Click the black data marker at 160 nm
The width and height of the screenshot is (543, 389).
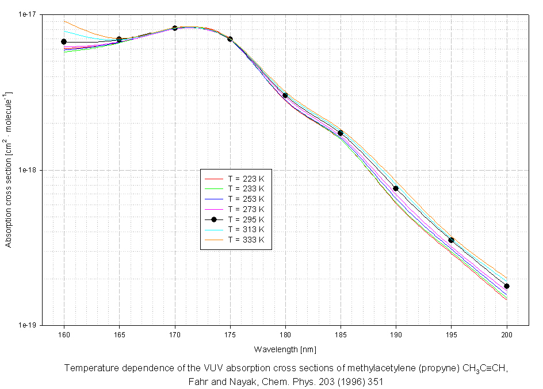pos(64,42)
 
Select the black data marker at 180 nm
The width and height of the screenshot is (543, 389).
pos(285,95)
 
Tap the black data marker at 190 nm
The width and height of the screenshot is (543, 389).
pos(396,188)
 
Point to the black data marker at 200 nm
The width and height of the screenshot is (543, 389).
pos(507,286)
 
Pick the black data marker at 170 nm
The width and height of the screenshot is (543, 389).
pos(175,28)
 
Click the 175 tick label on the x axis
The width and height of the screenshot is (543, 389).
pos(230,334)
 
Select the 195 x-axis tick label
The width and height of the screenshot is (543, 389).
pos(452,334)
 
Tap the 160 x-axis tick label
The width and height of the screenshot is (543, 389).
pos(64,334)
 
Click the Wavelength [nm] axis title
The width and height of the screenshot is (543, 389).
pos(285,349)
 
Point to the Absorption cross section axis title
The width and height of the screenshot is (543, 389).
pos(8,170)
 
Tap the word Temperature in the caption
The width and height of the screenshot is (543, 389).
pos(89,368)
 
